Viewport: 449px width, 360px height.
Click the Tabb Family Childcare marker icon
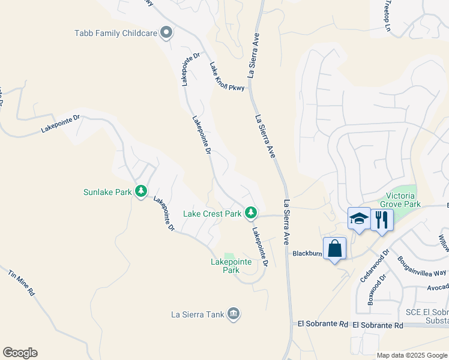coord(166,34)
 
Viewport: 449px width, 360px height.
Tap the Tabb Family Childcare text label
coord(115,34)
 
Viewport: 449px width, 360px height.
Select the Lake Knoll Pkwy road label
coord(228,77)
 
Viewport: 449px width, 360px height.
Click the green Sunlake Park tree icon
coord(141,191)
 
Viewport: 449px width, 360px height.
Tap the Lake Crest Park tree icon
coord(251,213)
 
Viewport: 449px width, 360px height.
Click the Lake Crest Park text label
coord(212,214)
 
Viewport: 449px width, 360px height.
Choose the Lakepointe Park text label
coord(225,266)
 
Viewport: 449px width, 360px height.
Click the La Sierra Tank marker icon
coord(234,313)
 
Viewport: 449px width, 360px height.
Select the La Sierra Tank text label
coord(197,314)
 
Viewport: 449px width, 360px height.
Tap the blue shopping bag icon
coord(334,248)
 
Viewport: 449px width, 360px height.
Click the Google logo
coord(20,353)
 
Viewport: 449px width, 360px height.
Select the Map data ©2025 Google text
coord(411,355)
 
